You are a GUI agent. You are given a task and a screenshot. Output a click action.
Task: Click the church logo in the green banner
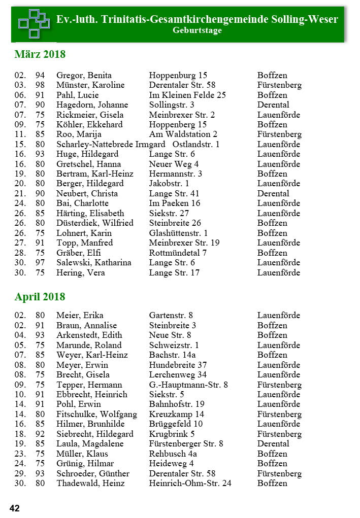34,23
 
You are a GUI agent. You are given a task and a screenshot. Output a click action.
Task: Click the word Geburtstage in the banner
197,30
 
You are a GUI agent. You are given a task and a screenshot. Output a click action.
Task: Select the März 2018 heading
40,54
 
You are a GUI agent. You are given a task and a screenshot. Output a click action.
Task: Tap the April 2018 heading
40,297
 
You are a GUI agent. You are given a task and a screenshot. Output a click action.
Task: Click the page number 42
15,508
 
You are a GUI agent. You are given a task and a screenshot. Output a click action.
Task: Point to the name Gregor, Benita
84,75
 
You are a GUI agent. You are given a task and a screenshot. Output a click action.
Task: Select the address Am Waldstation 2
183,134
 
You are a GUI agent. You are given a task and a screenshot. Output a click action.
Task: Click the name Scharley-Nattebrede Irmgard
111,144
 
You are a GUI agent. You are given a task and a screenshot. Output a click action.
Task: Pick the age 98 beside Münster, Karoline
40,85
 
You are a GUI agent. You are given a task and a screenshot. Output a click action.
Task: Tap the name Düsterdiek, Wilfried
94,223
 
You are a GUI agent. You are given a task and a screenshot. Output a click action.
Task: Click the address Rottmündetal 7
178,253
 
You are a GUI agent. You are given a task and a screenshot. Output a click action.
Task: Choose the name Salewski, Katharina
93,263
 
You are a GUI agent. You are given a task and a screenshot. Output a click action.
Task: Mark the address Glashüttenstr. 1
178,233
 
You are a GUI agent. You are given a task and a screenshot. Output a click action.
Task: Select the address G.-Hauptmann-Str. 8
188,385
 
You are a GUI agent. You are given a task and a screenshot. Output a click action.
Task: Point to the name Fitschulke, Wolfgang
96,415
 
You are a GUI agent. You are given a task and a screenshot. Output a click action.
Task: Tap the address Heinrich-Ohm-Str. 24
190,484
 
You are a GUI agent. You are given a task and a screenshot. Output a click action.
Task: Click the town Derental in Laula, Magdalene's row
273,444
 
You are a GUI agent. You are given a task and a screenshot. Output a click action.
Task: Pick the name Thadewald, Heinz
90,484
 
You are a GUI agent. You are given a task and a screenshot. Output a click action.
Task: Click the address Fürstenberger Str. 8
186,444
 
